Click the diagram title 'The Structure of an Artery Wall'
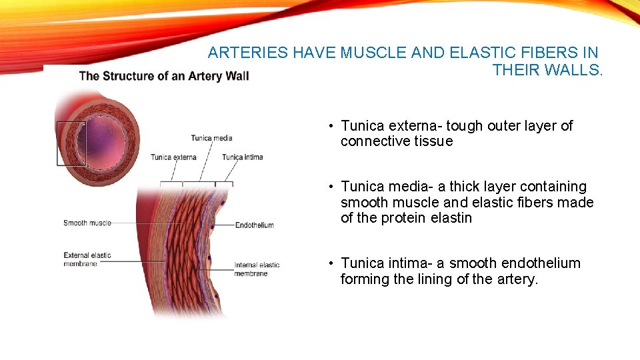164,75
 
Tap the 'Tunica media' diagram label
211,138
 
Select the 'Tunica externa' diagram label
173,157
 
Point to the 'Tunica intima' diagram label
243,157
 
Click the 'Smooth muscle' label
87,223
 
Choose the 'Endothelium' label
254,225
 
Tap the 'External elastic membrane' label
87,259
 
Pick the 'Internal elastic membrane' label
257,269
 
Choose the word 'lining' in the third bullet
435,279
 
